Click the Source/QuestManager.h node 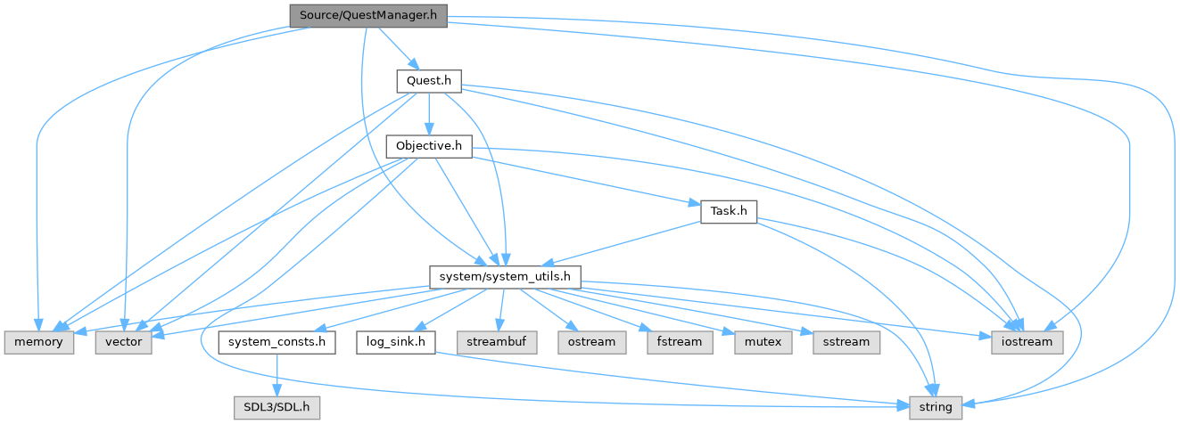(x=367, y=15)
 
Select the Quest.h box (x=428, y=80)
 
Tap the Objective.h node (x=428, y=146)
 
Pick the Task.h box (x=729, y=212)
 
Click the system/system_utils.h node (x=505, y=278)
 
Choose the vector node (x=125, y=342)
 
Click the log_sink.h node (x=395, y=342)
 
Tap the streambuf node (x=498, y=342)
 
